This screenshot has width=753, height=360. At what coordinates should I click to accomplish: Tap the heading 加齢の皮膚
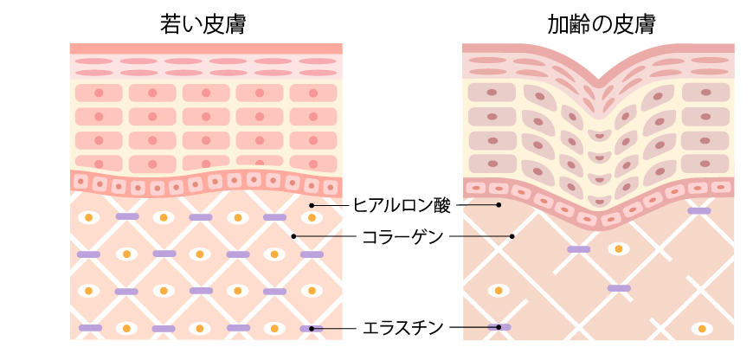599,23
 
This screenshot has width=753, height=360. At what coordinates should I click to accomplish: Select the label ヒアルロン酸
402,205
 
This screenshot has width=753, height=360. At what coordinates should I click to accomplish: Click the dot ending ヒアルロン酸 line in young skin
311,205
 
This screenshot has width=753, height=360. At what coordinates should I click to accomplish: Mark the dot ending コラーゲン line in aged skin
512,235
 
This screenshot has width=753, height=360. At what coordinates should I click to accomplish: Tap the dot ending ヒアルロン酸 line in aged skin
499,205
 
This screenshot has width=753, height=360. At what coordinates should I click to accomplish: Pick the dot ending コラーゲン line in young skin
294,235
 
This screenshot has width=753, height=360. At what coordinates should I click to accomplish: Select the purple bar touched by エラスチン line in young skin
312,329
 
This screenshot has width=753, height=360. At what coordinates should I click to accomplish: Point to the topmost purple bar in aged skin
698,211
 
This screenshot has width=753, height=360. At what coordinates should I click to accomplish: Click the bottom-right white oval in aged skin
702,329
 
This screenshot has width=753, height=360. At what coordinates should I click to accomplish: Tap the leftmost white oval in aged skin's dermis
498,289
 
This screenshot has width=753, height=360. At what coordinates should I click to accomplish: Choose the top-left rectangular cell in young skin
97,93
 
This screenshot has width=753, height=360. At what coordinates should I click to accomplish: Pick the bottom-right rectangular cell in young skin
311,163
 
